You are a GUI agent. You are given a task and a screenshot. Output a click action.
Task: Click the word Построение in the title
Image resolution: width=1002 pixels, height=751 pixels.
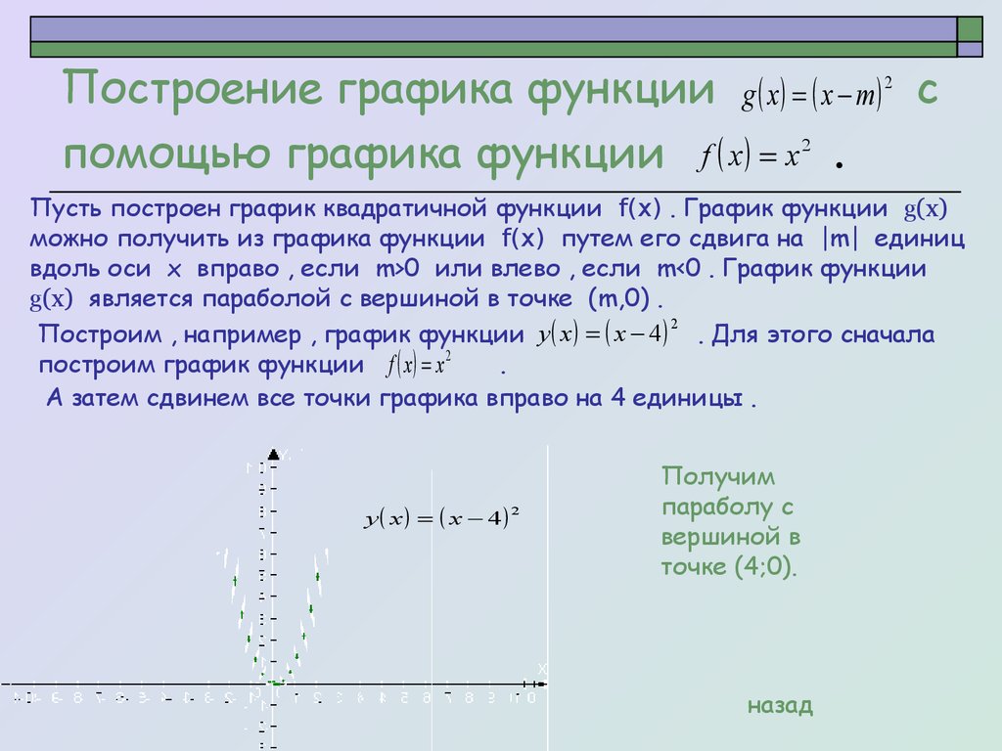[x=191, y=92]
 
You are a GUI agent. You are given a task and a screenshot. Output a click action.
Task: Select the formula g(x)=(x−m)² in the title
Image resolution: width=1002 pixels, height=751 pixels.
[x=817, y=96]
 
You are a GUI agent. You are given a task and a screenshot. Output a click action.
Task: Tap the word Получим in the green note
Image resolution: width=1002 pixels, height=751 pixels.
[x=718, y=477]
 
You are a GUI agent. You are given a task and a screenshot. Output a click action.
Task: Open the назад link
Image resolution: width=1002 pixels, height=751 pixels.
[x=779, y=706]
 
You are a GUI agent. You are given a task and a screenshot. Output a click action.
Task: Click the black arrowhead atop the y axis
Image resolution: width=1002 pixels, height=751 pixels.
[x=274, y=454]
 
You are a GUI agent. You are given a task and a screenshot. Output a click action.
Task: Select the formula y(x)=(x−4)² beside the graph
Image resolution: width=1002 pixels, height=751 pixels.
[x=440, y=519]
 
